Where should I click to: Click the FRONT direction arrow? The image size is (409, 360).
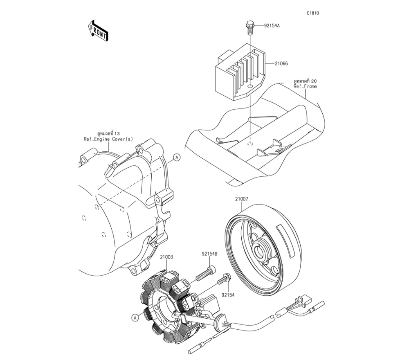coord(98,31)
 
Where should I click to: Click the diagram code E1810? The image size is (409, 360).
coord(313,13)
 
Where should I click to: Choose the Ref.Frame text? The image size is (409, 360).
coord(305,86)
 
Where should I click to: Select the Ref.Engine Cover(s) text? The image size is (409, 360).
coord(108,139)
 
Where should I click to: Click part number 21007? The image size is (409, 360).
coord(242,200)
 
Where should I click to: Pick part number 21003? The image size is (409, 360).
coord(166,257)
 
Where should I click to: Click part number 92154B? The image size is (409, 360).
coord(209,254)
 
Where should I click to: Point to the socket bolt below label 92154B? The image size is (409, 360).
coord(205,273)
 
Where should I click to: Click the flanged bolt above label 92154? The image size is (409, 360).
coord(224,280)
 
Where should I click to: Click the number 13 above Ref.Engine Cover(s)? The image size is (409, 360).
coord(117,134)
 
